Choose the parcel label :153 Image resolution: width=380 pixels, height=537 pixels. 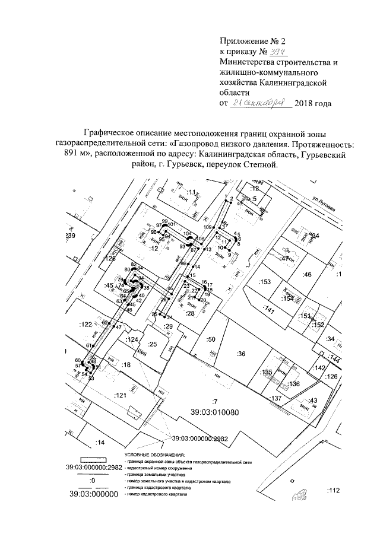coord(265,281)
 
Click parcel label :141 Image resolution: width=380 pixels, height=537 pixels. coord(270,310)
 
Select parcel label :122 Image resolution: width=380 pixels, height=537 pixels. coord(86,324)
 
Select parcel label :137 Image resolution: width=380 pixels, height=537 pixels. coord(275,398)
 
